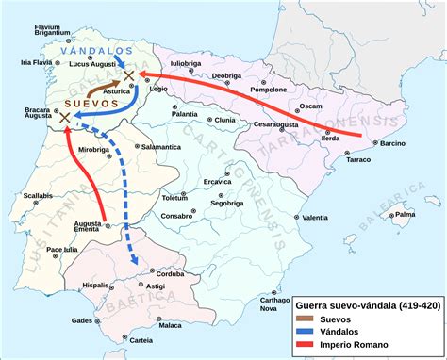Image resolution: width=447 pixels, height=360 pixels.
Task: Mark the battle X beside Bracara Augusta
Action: tap(65, 118)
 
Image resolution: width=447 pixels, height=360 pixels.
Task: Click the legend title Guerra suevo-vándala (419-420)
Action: tap(368, 306)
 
